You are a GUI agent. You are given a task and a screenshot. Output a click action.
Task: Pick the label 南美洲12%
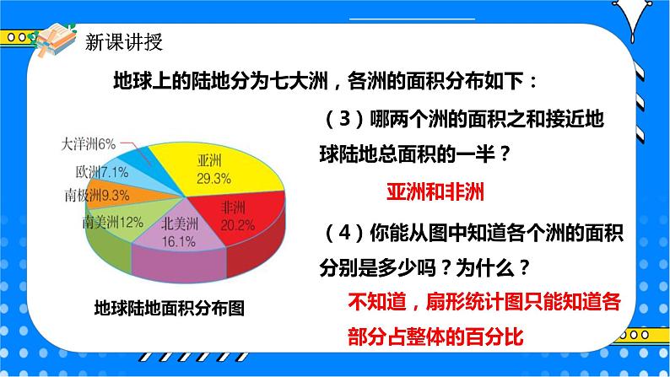pyautogui.click(x=113, y=224)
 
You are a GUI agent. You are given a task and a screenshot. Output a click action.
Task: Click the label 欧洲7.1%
pyautogui.click(x=101, y=172)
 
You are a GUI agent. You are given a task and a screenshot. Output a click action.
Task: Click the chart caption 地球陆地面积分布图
pyautogui.click(x=169, y=308)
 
